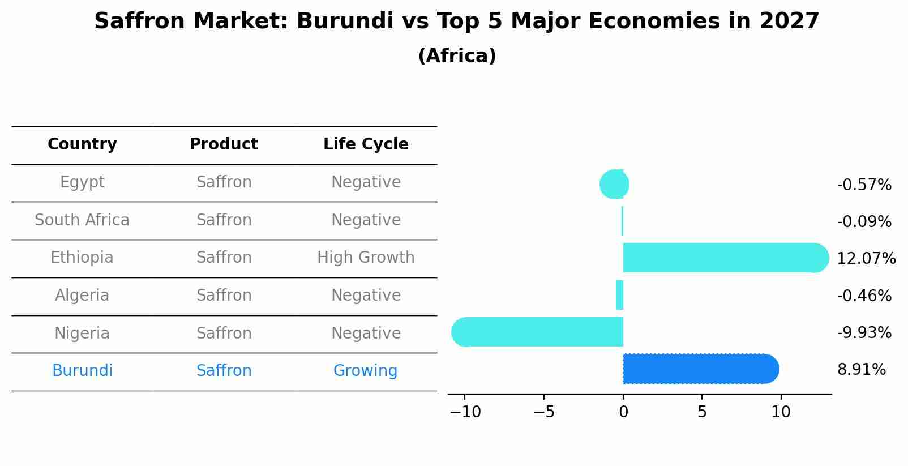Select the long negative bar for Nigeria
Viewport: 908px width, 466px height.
[x=538, y=332]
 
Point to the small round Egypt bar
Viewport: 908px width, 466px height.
[x=614, y=184]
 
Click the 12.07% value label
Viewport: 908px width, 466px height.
[x=866, y=259]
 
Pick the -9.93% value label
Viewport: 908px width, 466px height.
[x=864, y=332]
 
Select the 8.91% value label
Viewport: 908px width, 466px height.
[x=861, y=370]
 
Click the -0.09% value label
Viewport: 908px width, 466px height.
[x=864, y=221]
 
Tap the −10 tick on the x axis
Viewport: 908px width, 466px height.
[x=465, y=412]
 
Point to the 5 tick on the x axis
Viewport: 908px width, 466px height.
[x=702, y=412]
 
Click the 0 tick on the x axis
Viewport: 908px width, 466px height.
[x=623, y=412]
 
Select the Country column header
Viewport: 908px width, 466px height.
[x=82, y=144]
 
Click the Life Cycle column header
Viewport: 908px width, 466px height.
[x=366, y=144]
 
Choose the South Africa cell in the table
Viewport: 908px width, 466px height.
[x=82, y=220]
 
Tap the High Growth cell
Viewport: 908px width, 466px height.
[x=366, y=258]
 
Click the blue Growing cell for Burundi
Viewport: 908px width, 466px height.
[x=365, y=371]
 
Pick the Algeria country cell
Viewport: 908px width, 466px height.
[x=82, y=296]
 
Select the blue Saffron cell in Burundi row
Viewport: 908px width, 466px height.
[x=224, y=371]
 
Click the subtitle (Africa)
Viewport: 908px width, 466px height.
[x=457, y=56]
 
